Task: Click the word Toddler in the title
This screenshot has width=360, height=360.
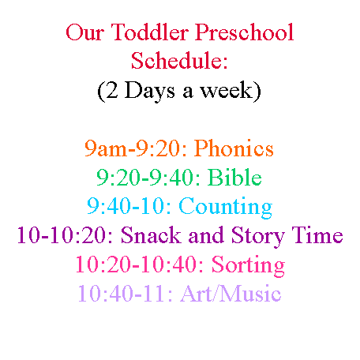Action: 150,32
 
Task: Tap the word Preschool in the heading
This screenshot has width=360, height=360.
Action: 244,32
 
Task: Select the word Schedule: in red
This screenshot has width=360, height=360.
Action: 179,61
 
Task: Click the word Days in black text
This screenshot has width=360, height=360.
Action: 149,91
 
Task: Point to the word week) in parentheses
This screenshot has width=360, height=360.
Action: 231,91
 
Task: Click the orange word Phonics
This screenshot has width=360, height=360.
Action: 234,148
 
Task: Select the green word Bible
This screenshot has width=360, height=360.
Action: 234,177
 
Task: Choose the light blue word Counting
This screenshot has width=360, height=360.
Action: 226,207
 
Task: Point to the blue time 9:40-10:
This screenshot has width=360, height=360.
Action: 129,206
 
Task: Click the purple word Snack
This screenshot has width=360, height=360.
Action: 151,234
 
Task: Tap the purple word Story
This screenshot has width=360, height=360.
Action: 258,236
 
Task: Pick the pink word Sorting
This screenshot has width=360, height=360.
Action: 248,265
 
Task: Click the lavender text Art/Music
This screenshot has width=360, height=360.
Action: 231,293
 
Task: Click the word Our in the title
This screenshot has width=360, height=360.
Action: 85,32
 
